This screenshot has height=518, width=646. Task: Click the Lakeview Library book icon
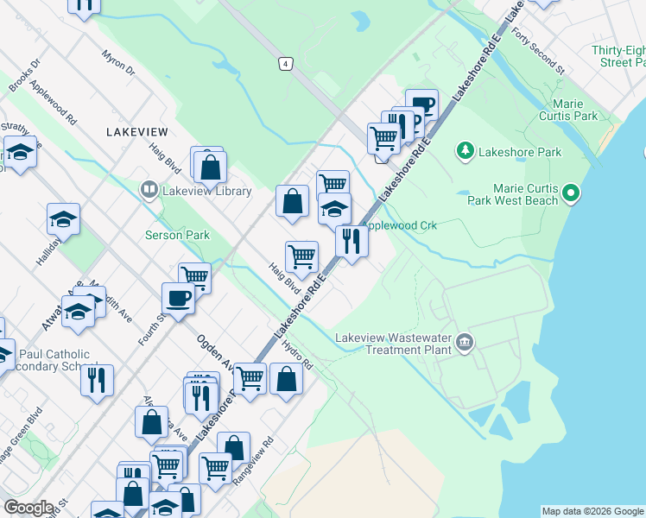coord(149,189)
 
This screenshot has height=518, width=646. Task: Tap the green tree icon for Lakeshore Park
coord(465,151)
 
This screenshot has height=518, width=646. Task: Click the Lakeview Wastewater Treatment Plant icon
coord(465,343)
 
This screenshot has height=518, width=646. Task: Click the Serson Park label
coord(177,235)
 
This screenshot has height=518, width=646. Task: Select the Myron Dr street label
coord(118,64)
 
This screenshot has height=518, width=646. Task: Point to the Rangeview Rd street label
coord(256,452)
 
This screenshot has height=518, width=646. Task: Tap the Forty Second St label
coord(537,50)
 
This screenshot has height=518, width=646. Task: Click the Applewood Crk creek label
coord(402,225)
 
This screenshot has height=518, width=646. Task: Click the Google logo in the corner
coord(28,508)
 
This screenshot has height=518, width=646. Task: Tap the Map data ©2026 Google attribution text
coord(592,511)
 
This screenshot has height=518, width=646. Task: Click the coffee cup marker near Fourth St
coord(179,298)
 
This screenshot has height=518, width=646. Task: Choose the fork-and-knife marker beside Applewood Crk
coord(351,240)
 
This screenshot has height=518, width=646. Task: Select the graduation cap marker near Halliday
coord(63,219)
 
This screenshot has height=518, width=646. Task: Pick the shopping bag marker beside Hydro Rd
coord(287,378)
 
